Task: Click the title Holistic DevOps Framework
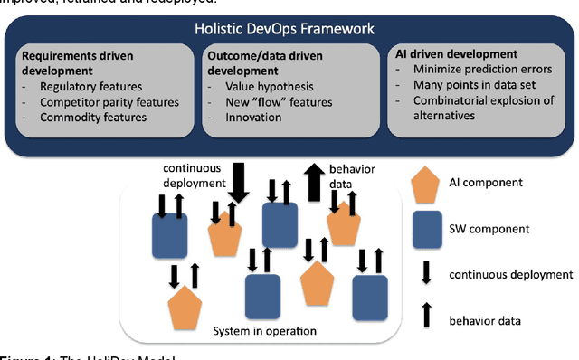(284, 29)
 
